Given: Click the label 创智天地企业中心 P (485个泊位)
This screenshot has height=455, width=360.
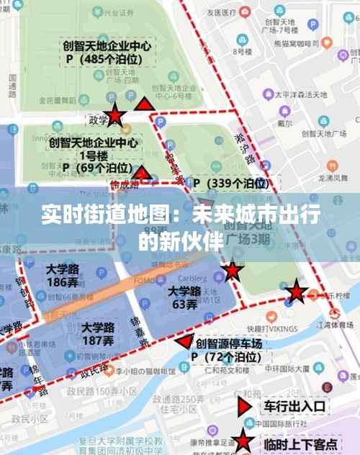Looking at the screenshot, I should pos(106,51).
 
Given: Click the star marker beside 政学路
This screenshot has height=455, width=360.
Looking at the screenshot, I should pos(115,117).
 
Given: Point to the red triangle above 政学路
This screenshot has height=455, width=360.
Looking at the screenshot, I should pos(145,106).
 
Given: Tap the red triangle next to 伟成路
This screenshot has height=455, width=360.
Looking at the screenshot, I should pos(143,173).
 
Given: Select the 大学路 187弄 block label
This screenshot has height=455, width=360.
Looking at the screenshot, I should pos(97,333).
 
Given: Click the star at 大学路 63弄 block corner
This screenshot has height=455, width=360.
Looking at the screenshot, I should pos(232,271).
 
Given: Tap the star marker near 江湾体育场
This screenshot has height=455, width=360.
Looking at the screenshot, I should pos(297,292).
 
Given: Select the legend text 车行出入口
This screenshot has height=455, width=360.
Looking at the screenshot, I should pos(295,406).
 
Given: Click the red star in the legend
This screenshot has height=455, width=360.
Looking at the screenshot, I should pos(244,442).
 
